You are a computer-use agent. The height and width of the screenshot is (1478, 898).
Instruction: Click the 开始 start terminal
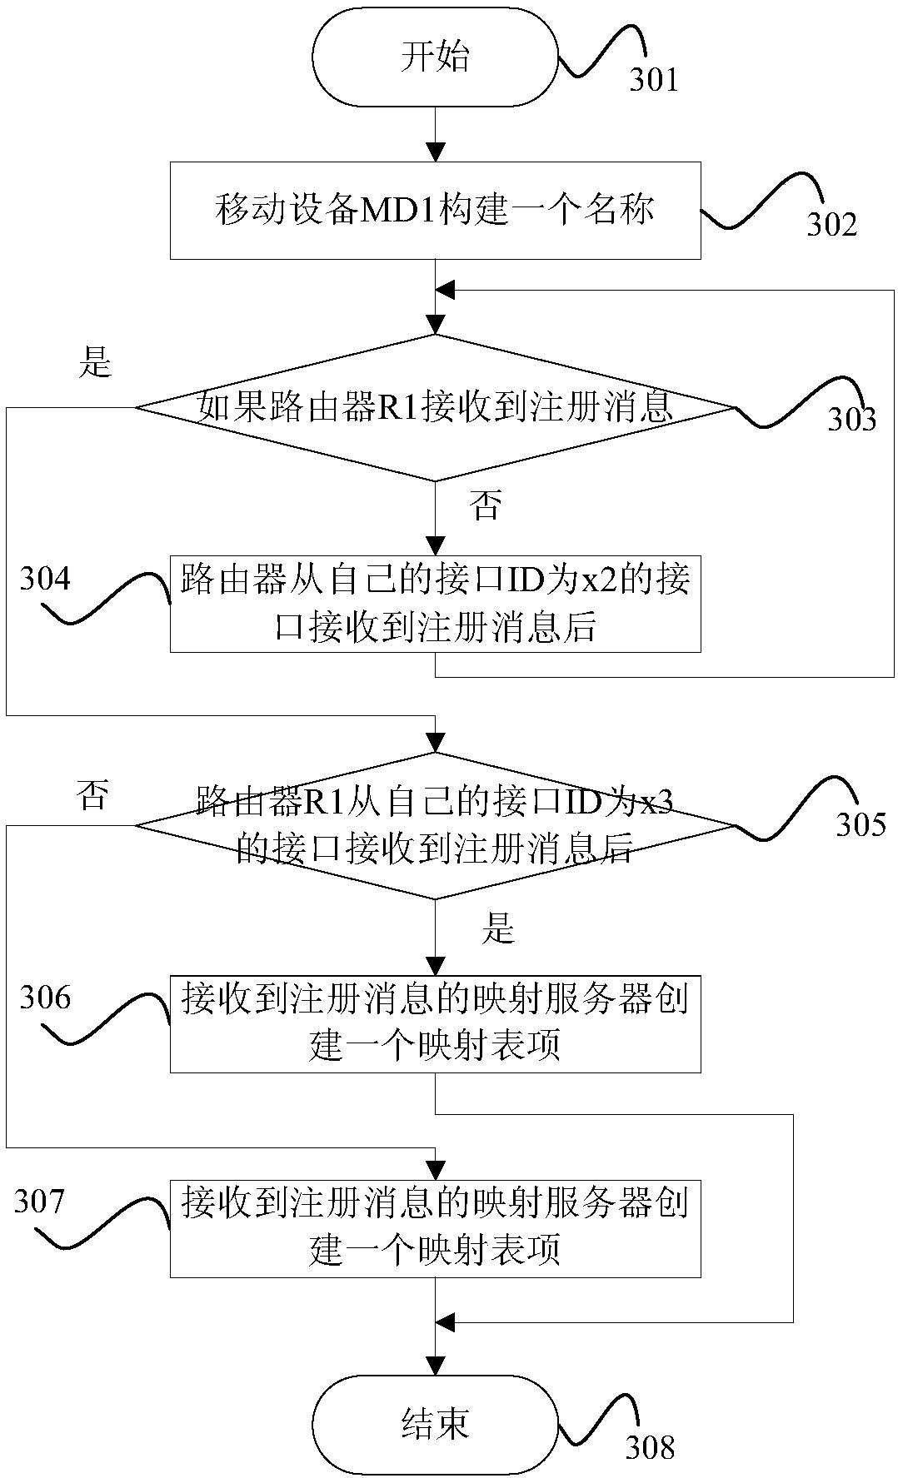pyautogui.click(x=435, y=57)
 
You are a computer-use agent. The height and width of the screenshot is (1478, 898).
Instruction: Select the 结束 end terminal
pyautogui.click(x=435, y=1424)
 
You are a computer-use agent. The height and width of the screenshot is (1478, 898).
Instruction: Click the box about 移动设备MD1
pyautogui.click(x=435, y=211)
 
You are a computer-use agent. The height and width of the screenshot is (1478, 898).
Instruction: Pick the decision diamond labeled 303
pyautogui.click(x=435, y=408)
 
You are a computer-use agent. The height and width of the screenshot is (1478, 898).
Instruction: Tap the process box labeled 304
pyautogui.click(x=435, y=603)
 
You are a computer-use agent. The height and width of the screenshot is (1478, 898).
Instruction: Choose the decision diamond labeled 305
pyautogui.click(x=435, y=826)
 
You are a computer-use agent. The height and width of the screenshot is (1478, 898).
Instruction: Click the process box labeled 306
pyautogui.click(x=435, y=1023)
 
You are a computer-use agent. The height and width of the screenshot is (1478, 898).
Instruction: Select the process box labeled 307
pyautogui.click(x=435, y=1228)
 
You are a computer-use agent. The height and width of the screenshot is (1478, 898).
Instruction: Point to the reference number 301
pyautogui.click(x=653, y=79)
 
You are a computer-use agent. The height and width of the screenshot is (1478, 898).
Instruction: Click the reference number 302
pyautogui.click(x=831, y=224)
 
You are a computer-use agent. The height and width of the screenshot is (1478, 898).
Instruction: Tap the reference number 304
pyautogui.click(x=45, y=579)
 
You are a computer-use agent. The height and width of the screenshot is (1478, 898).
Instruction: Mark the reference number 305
pyautogui.click(x=861, y=824)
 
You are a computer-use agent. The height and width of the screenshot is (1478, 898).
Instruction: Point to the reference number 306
pyautogui.click(x=45, y=997)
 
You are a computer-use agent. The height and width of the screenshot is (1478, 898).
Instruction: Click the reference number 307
pyautogui.click(x=38, y=1202)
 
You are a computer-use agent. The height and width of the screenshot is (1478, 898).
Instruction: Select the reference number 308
pyautogui.click(x=650, y=1447)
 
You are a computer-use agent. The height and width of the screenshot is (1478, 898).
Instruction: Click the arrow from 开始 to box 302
pyautogui.click(x=435, y=134)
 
